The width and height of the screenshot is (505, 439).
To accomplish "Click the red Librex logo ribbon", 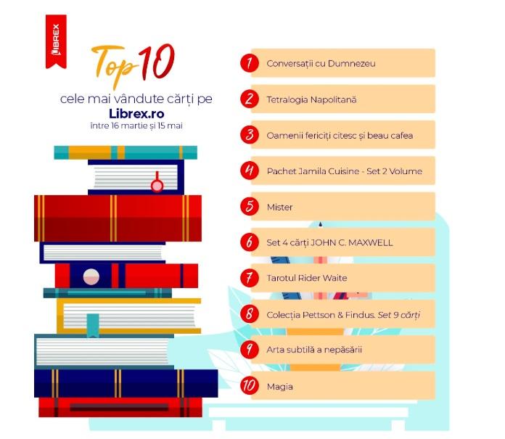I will coord(56,41).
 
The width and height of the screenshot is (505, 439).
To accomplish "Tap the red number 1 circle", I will coord(249,63).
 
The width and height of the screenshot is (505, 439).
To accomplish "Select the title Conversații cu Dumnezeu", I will coord(321,63).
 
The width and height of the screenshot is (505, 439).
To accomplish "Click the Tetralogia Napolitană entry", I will coord(311,99).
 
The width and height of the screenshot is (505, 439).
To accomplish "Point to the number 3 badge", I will coord(249,135).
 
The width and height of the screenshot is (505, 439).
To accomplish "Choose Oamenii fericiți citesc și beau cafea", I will coord(340,135).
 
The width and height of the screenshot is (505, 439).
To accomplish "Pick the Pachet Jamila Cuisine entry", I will coord(344,171).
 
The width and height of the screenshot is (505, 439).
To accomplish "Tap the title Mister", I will coord(279,207).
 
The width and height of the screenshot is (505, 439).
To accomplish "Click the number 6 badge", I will coord(249,242).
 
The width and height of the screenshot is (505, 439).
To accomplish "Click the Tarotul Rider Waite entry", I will coord(307,278).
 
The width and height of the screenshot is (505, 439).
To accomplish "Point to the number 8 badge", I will coord(249,314).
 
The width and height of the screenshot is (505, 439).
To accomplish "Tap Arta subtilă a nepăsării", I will coord(314,350).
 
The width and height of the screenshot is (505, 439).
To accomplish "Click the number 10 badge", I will coord(249,386).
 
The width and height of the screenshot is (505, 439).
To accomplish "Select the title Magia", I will coord(280,386).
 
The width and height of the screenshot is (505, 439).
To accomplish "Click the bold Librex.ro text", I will coord(136,113).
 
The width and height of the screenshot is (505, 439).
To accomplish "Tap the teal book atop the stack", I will coord(125,152).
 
